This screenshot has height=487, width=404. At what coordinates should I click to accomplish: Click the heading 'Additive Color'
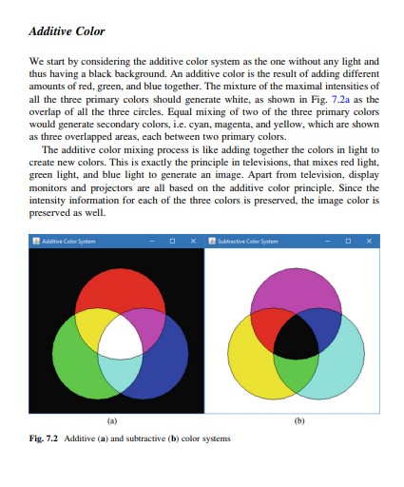tap(67, 32)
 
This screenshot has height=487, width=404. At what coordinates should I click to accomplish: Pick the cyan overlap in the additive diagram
tap(119, 374)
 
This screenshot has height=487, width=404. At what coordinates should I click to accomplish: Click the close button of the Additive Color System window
tap(194, 242)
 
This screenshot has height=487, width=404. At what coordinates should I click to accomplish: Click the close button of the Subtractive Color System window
tap(374, 242)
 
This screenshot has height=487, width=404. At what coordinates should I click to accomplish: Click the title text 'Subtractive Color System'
tap(250, 242)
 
